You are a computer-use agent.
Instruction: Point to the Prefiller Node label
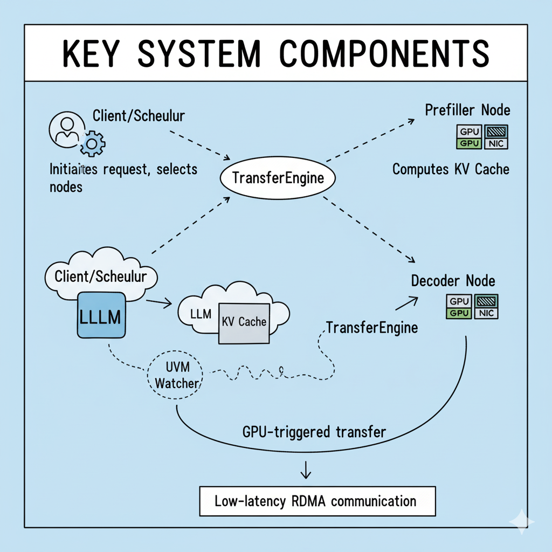pos(467,111)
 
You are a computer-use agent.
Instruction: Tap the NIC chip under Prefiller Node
pos(496,143)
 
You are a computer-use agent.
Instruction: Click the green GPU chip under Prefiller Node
pos(467,143)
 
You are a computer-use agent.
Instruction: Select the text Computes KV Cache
pos(451,169)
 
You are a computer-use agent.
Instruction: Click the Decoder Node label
pos(453,281)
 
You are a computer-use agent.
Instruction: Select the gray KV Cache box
pos(244,322)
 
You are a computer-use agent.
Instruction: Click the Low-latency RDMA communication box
pos(316,501)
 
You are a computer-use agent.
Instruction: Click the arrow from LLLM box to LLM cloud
pos(158,303)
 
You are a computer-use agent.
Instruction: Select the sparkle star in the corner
pos(521,522)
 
